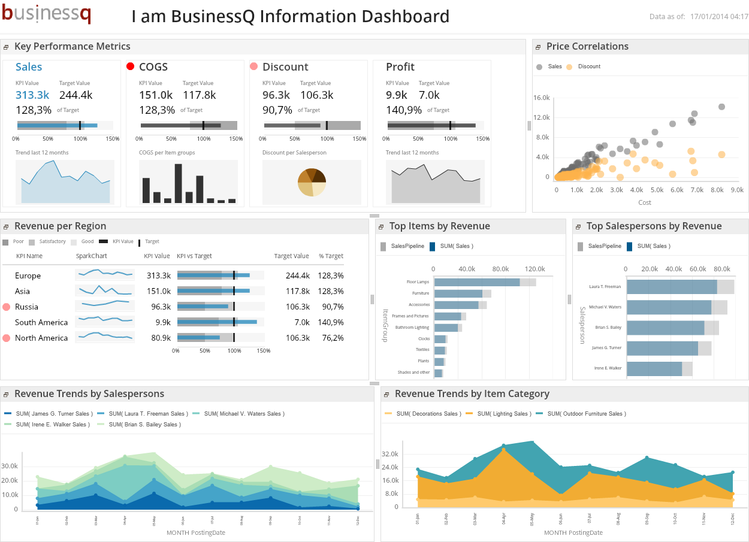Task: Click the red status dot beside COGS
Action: pos(131,66)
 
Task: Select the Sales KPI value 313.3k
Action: pos(32,95)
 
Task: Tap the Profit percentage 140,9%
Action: pos(403,110)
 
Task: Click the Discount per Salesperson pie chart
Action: pos(312,182)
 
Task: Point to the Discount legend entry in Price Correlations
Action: pos(588,66)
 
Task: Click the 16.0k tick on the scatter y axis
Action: pos(542,98)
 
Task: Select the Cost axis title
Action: pos(645,202)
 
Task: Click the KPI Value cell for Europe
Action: pos(159,275)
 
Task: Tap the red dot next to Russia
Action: pos(7,307)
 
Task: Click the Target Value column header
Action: pos(291,256)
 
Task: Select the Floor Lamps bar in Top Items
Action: pos(476,282)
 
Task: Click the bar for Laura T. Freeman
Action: pos(671,286)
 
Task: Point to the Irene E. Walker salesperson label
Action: pos(608,368)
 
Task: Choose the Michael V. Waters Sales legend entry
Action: pos(244,414)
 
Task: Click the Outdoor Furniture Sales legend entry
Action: pos(586,414)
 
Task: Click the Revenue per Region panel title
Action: pos(60,226)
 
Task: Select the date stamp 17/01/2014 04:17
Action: pos(719,17)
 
